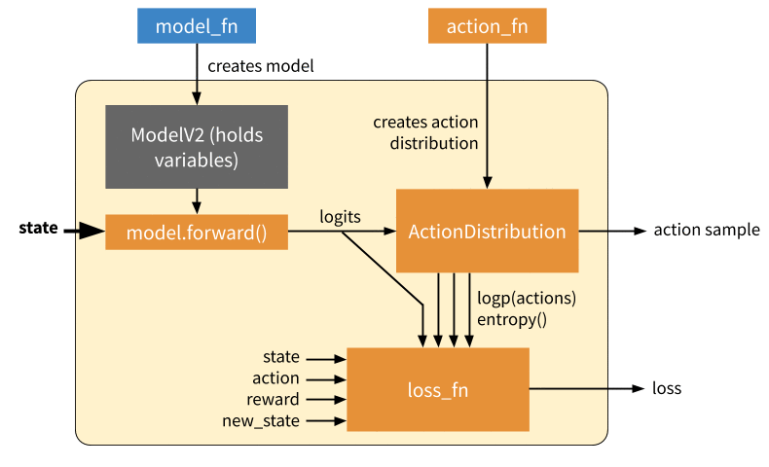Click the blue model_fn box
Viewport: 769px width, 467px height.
click(197, 25)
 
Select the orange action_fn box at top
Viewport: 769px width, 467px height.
click(487, 25)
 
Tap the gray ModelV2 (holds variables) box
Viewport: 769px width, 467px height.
click(197, 147)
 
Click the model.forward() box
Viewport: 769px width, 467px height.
click(197, 232)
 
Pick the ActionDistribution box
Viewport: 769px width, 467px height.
click(487, 231)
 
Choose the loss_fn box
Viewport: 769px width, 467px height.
click(438, 389)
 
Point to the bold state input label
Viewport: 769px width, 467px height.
click(38, 228)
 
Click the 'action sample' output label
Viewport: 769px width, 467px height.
click(707, 230)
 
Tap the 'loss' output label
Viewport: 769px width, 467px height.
click(667, 388)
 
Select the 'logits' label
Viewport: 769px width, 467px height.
click(340, 217)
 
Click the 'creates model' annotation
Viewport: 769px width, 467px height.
click(261, 66)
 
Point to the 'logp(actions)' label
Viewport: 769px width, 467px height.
click(527, 298)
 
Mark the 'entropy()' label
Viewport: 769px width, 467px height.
click(511, 319)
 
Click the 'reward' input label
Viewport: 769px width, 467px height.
click(273, 399)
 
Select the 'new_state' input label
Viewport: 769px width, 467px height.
click(261, 421)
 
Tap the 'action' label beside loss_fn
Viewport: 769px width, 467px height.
click(275, 378)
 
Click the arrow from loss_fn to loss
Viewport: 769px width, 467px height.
click(587, 388)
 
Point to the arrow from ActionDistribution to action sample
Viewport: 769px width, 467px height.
click(613, 231)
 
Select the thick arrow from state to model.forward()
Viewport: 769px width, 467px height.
click(85, 231)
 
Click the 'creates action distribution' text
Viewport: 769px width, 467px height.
click(425, 132)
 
